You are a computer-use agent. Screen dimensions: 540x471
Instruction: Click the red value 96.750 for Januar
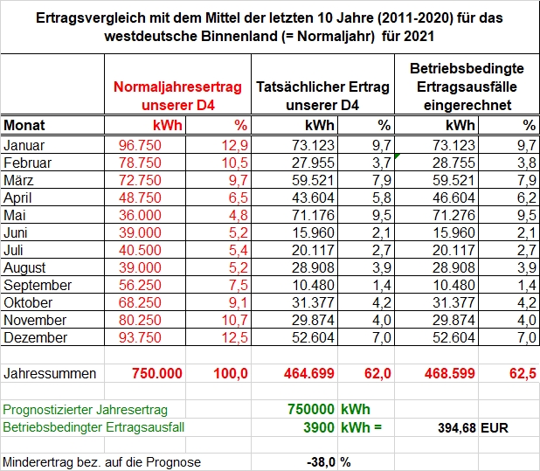pyautogui.click(x=140, y=145)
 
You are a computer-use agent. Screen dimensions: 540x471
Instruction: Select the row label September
pyautogui.click(x=38, y=286)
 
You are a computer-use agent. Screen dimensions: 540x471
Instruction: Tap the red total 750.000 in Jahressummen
pyautogui.click(x=157, y=373)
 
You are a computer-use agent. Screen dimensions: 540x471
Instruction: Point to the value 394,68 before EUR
pyautogui.click(x=457, y=428)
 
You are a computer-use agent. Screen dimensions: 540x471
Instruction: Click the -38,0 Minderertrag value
pyautogui.click(x=322, y=462)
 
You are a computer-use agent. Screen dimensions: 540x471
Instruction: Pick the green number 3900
pyautogui.click(x=319, y=427)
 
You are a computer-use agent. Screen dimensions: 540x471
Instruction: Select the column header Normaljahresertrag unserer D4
pyautogui.click(x=177, y=96)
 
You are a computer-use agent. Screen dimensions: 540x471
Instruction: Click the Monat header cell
pyautogui.click(x=24, y=125)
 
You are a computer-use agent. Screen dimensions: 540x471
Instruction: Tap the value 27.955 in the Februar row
pyautogui.click(x=313, y=163)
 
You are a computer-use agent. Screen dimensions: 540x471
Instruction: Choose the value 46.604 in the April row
pyautogui.click(x=453, y=198)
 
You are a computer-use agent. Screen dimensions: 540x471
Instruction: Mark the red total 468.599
pyautogui.click(x=450, y=373)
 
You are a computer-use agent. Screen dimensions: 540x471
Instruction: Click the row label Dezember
pyautogui.click(x=36, y=338)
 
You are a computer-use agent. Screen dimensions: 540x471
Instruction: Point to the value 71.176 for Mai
pyautogui.click(x=313, y=216)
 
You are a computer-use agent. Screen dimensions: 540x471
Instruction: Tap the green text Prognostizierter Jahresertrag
pyautogui.click(x=85, y=410)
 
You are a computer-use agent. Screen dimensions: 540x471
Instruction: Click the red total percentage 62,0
pyautogui.click(x=377, y=373)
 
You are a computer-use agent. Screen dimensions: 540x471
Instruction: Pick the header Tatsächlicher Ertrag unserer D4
pyautogui.click(x=322, y=96)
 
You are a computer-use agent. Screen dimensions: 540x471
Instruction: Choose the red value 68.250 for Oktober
pyautogui.click(x=140, y=303)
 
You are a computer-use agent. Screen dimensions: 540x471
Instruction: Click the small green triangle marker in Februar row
pyautogui.click(x=397, y=156)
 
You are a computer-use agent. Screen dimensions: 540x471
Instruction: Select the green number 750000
pyautogui.click(x=311, y=410)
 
